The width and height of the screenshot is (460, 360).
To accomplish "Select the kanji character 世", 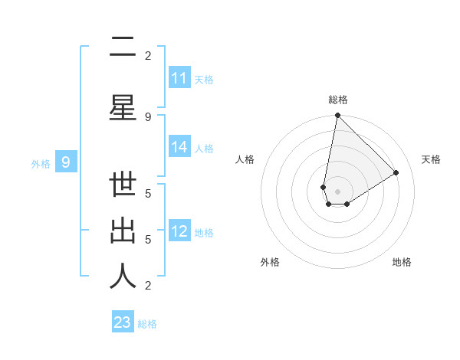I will (123, 187).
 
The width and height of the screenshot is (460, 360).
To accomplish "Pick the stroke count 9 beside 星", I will (148, 116).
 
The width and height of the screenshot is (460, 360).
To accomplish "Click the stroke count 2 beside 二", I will (148, 55).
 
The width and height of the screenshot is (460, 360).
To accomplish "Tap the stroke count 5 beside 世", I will (148, 193).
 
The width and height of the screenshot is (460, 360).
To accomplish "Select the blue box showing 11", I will (179, 78).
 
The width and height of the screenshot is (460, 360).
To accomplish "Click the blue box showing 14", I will (179, 147).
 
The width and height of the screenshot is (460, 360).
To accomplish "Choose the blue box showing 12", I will (179, 231).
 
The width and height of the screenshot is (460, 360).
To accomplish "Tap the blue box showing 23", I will (123, 322).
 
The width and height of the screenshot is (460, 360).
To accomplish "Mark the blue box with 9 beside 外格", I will (67, 162).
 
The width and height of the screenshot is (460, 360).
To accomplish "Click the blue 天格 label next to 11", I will (204, 80).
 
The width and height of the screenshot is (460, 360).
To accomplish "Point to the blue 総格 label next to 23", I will (147, 324).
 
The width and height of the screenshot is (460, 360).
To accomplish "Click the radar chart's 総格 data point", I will (337, 116).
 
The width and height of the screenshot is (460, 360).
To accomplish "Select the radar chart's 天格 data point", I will (396, 173).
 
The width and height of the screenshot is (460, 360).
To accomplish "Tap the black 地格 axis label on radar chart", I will (402, 262).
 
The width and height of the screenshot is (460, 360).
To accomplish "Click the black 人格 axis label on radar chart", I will (245, 159).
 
